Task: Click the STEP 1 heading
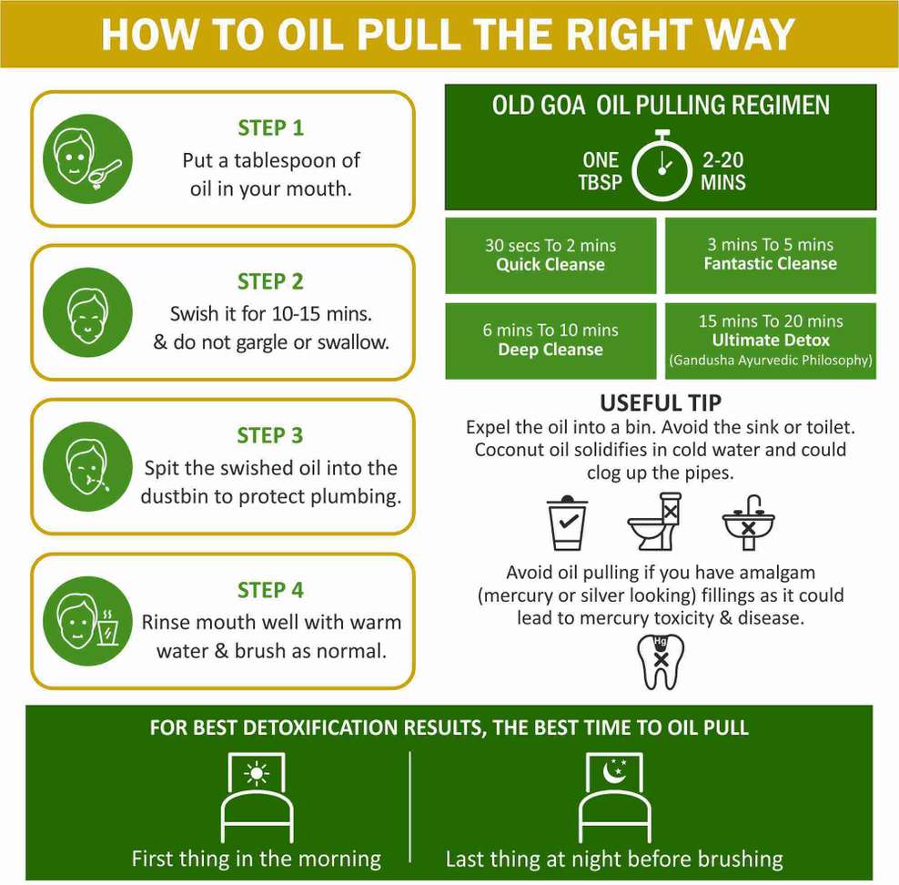pyautogui.click(x=270, y=127)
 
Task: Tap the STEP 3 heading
pyautogui.click(x=270, y=435)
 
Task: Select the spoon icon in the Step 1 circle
pyautogui.click(x=105, y=173)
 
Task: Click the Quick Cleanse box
pyautogui.click(x=551, y=255)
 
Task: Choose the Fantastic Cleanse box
pyautogui.click(x=771, y=255)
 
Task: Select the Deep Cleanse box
pyautogui.click(x=551, y=341)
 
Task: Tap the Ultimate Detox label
pyautogui.click(x=771, y=341)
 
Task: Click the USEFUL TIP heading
pyautogui.click(x=661, y=402)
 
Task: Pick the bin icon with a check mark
pyautogui.click(x=567, y=522)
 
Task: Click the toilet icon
pyautogui.click(x=655, y=522)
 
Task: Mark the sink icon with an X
pyautogui.click(x=748, y=523)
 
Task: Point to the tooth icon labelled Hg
pyautogui.click(x=661, y=661)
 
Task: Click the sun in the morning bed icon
pyautogui.click(x=257, y=774)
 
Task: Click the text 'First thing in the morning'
pyautogui.click(x=257, y=859)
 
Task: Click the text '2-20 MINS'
pyautogui.click(x=723, y=171)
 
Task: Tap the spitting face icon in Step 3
pyautogui.click(x=87, y=467)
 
